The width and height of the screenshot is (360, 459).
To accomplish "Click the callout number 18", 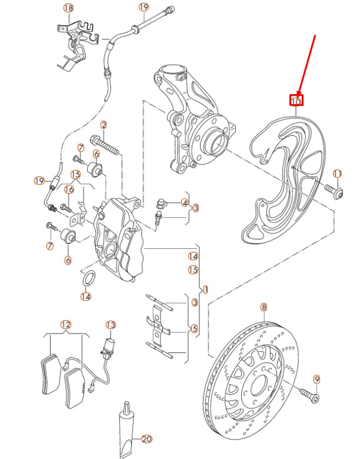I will click(68, 8).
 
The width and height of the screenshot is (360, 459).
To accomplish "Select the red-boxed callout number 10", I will click(296, 101).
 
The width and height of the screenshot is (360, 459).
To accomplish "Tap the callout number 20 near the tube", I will click(146, 438).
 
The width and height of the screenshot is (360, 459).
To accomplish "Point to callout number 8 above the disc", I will click(264, 307).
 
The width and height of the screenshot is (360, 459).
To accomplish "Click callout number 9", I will click(316, 380).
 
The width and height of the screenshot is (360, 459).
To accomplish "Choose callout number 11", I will click(337, 174).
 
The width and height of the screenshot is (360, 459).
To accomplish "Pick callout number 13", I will click(111, 324).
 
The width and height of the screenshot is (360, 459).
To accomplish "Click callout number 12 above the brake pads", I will click(65, 324).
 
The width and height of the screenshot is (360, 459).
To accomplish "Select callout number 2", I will click(104, 125).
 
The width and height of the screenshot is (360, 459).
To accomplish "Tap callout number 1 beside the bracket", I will click(205, 290).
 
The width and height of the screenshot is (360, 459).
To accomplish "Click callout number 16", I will click(69, 189).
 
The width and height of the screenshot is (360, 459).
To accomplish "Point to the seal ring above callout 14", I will click(87, 278).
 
